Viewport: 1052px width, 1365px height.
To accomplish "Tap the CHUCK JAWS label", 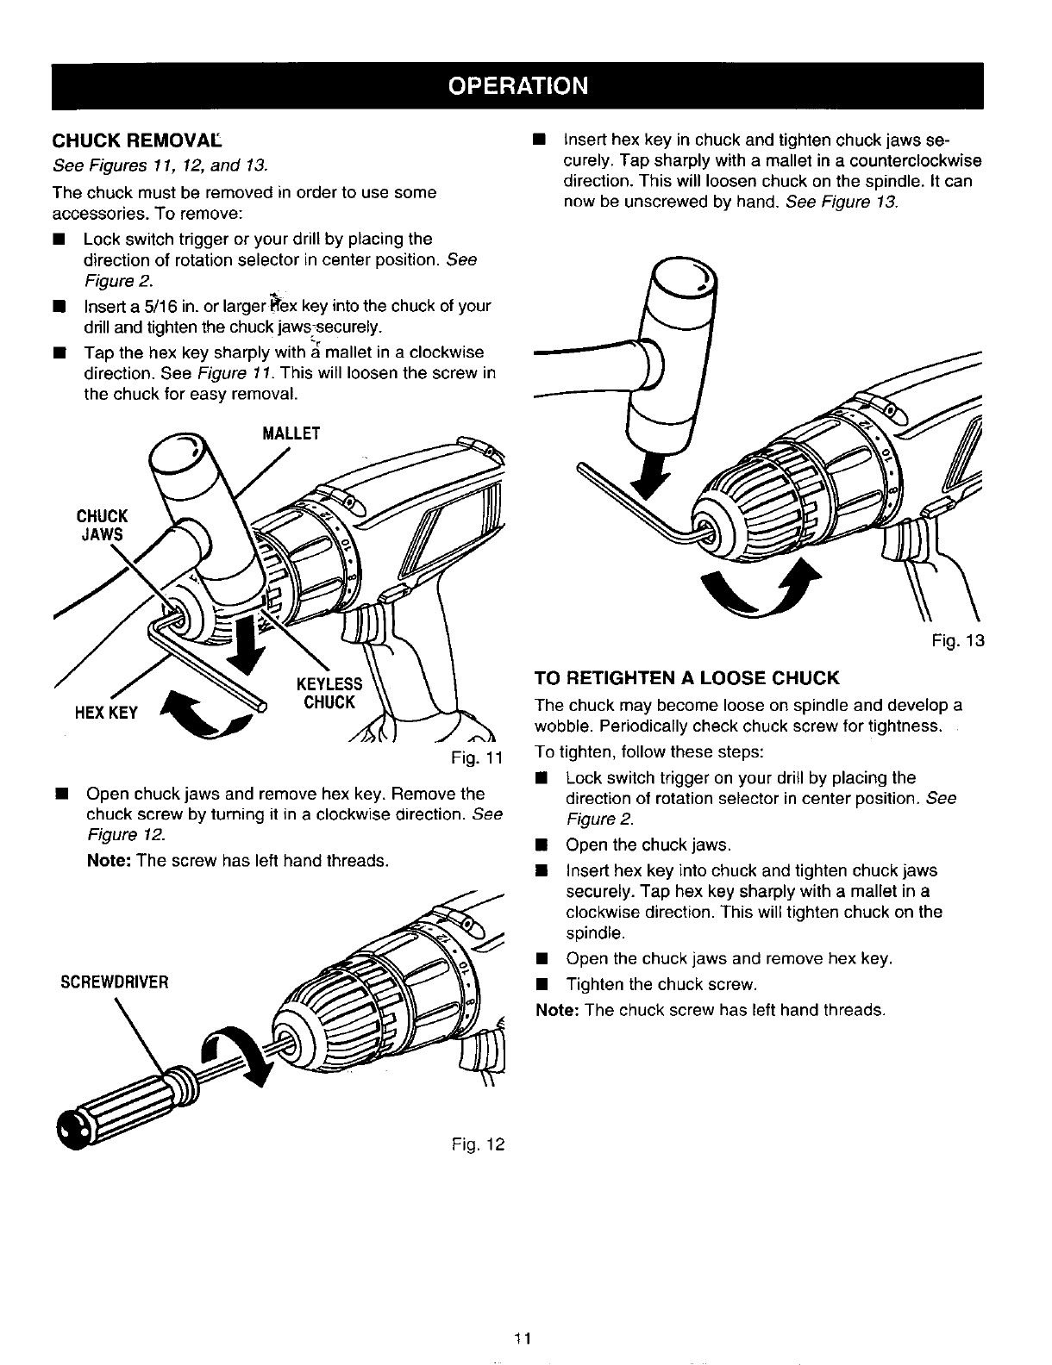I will tap(102, 525).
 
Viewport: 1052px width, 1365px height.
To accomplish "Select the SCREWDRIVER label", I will tap(114, 982).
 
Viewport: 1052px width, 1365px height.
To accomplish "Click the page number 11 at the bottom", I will tap(526, 1338).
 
